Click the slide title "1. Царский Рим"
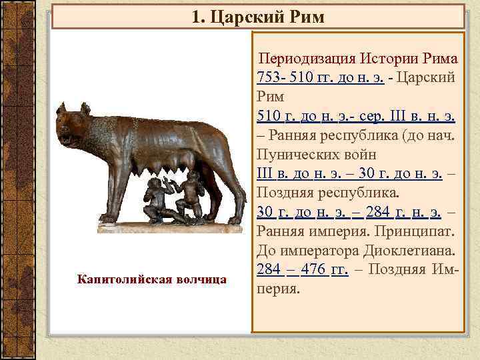click(258, 15)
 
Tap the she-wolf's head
click(73, 123)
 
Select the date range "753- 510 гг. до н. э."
click(319, 77)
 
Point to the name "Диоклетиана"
click(414, 251)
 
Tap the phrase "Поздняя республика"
click(327, 193)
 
